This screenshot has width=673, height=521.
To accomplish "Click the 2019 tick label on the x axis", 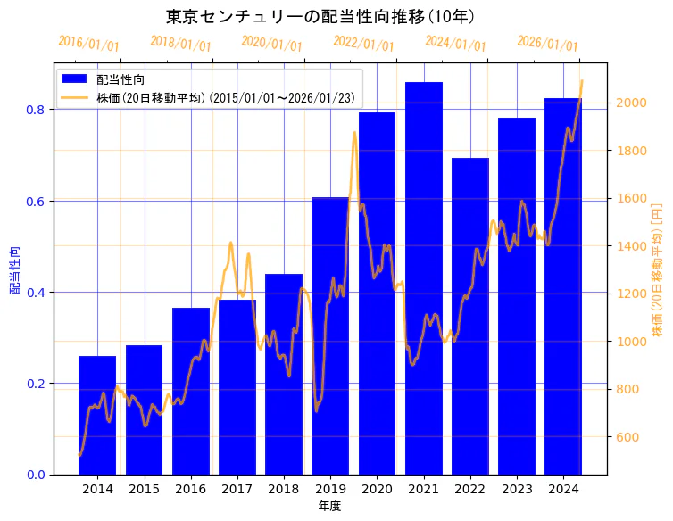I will pos(330,489).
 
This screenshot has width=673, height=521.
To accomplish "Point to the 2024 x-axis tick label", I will pos(562,489).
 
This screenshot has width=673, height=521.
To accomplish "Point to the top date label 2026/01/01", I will pos(547,44).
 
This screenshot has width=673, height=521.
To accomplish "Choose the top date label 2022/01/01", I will pos(363,44).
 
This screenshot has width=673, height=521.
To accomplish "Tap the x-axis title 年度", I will pos(329,506).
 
